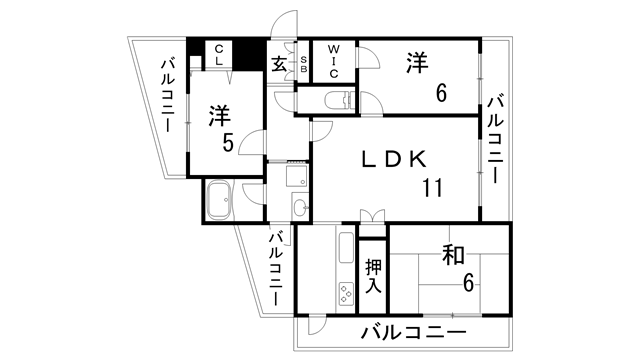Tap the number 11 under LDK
(x=432, y=187)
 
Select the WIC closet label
(x=333, y=59)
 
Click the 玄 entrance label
(x=279, y=63)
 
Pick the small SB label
(x=304, y=65)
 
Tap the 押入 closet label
(x=372, y=275)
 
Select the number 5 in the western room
(x=229, y=143)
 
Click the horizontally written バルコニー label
(x=413, y=333)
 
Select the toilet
(x=337, y=99)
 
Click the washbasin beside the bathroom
(x=299, y=208)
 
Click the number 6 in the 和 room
(x=467, y=283)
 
